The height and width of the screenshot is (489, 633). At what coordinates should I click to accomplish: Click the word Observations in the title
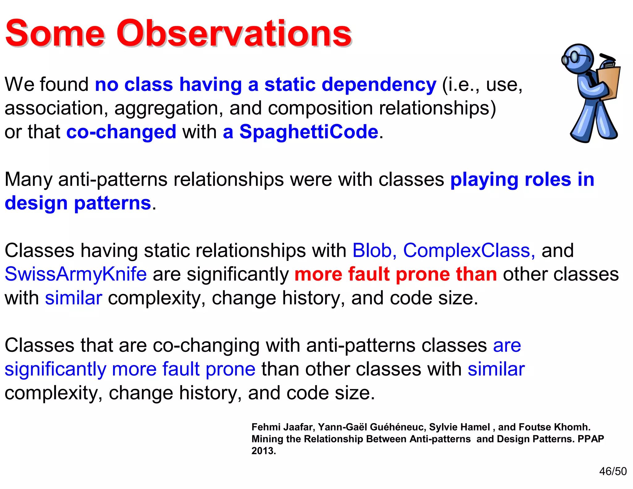[234, 33]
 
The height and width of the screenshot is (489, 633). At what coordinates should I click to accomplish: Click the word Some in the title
[55, 33]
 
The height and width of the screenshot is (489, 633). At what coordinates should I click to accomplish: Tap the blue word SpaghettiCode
[309, 132]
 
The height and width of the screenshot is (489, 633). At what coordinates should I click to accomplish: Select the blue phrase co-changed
[121, 132]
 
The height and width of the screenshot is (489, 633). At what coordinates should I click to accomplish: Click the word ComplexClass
[469, 250]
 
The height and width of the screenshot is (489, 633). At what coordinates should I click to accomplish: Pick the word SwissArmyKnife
[76, 274]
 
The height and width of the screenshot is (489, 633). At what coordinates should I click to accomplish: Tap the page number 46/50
[613, 471]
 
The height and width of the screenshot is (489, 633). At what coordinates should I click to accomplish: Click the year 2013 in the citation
[263, 451]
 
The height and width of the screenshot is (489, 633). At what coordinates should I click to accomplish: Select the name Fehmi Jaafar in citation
[283, 427]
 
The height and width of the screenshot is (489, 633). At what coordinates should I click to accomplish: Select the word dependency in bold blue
[379, 85]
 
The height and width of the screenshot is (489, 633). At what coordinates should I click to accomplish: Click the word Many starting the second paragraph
[28, 179]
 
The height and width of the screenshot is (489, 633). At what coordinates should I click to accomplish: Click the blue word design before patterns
[36, 203]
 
